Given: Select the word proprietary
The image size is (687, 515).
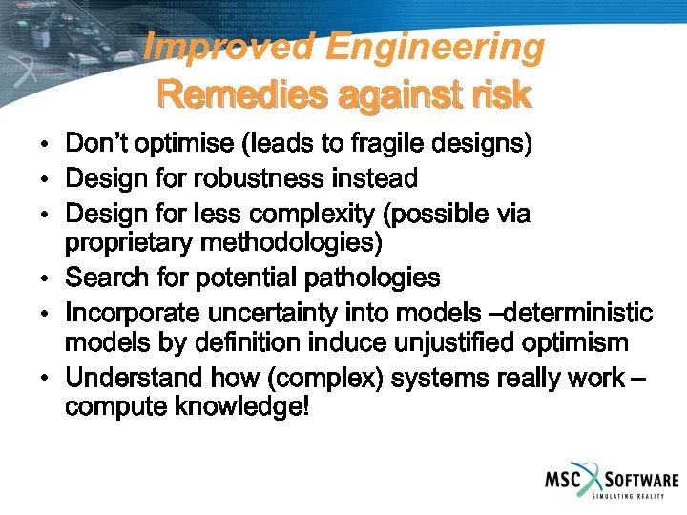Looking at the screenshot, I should point(130,243).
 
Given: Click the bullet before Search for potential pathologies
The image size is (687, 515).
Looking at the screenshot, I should point(46,279).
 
